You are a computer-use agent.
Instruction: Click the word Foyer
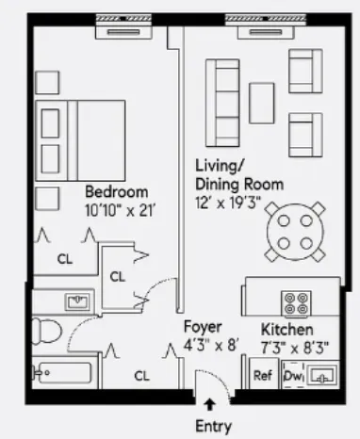click(203, 327)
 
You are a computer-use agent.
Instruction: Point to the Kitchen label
click(287, 330)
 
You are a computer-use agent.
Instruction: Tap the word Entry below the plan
click(213, 425)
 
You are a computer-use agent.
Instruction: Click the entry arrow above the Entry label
click(208, 404)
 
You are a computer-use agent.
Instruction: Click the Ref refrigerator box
click(263, 375)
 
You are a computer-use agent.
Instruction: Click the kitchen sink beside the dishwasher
click(323, 376)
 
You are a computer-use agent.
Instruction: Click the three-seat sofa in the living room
click(224, 101)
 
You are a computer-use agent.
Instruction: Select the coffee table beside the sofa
click(261, 101)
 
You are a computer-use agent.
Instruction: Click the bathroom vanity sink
click(74, 301)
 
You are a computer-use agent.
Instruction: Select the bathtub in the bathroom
click(64, 374)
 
